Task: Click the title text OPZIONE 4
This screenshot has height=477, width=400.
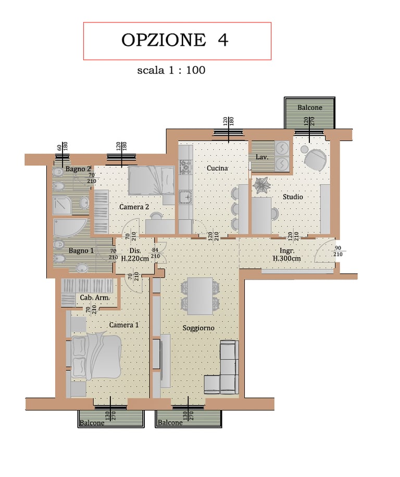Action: tap(175, 40)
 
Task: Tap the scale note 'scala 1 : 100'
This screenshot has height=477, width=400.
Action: tap(171, 70)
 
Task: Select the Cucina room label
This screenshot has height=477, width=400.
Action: tap(218, 168)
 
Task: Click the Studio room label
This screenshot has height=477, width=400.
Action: tap(293, 197)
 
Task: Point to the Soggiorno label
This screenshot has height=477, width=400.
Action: tap(198, 328)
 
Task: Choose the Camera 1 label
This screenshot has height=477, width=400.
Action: tap(124, 325)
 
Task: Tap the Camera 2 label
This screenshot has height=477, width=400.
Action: tap(134, 207)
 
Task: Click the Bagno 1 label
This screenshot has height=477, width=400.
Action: tap(81, 250)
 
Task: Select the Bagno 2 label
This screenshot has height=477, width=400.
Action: tap(78, 169)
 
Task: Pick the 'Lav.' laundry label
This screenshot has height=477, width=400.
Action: tap(262, 157)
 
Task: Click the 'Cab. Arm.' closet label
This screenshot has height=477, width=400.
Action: tap(95, 297)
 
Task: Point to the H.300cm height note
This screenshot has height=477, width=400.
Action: tap(287, 259)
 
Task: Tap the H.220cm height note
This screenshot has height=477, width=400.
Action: tap(135, 259)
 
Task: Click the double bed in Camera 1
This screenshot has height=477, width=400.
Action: tap(96, 356)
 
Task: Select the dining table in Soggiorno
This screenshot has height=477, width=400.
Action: tap(200, 296)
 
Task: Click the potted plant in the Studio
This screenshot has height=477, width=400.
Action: tap(261, 185)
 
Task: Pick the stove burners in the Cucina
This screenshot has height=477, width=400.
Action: tap(185, 167)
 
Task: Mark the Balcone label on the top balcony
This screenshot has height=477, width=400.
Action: tap(310, 107)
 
